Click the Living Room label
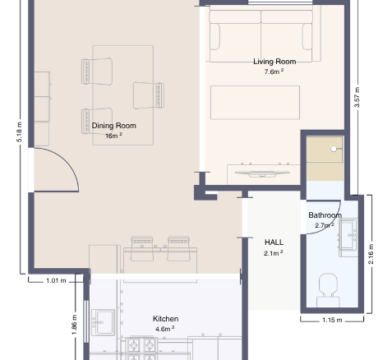pyautogui.click(x=274, y=62)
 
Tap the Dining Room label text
pyautogui.click(x=113, y=126)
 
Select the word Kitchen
pyautogui.click(x=165, y=319)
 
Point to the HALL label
pyautogui.click(x=274, y=242)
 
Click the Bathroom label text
pyautogui.click(x=325, y=215)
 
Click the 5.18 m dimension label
pyautogui.click(x=19, y=132)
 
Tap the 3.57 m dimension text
pyautogui.click(x=357, y=97)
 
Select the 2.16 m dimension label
pyautogui.click(x=371, y=254)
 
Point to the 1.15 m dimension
pyautogui.click(x=332, y=320)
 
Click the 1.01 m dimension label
pyautogui.click(x=56, y=280)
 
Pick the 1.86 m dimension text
pyautogui.click(x=74, y=325)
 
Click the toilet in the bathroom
pyautogui.click(x=328, y=290)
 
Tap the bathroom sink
pyautogui.click(x=348, y=238)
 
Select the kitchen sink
pyautogui.click(x=103, y=322)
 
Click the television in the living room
pyautogui.click(x=262, y=173)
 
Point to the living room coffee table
pyautogui.click(x=255, y=103)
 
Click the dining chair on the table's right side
pyautogui.click(x=149, y=95)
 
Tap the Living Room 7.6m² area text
pyautogui.click(x=274, y=72)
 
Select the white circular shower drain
pyautogui.click(x=334, y=149)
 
